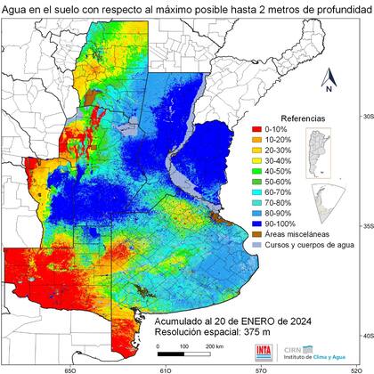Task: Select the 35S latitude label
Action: [x=363, y=226]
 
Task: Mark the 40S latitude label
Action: [x=363, y=335]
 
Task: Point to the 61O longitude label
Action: [x=165, y=366]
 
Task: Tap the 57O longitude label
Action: [x=260, y=366]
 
